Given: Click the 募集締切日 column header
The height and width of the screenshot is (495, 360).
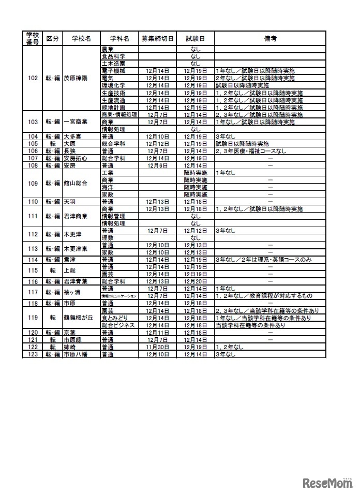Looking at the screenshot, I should pos(158,39).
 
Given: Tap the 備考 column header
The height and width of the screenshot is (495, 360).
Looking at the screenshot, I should pos(269,39).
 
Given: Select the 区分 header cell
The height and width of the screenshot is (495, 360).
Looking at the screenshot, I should pos(52,39).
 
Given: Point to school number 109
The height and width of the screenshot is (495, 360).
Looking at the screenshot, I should pos(33,183).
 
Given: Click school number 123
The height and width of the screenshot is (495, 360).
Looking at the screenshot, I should pos(33,354).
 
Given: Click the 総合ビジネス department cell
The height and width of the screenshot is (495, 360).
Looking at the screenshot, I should pos(118,325).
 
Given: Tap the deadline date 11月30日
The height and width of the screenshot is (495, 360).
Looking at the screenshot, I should pos(157,347).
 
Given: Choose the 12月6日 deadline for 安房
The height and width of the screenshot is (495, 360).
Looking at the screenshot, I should pos(157,166).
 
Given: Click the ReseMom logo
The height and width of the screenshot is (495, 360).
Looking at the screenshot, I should pos(327,483).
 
